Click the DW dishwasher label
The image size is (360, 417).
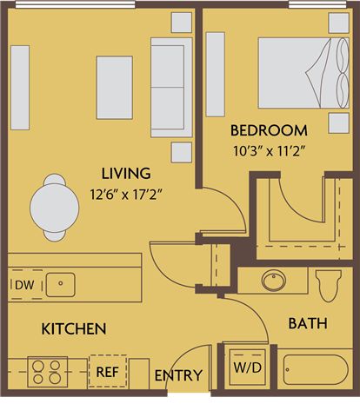[24, 285]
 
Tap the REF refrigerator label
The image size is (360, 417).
[107, 372]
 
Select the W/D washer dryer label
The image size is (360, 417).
[247, 367]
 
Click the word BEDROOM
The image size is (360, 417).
[269, 130]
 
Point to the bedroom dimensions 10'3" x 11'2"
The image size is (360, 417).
[270, 151]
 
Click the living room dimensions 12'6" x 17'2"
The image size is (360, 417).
[125, 195]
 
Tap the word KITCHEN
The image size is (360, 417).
[74, 328]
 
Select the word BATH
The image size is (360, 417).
[308, 323]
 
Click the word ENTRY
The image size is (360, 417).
[178, 375]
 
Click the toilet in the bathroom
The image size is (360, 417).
[329, 286]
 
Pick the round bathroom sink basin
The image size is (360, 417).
[274, 280]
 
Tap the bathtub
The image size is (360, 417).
[316, 370]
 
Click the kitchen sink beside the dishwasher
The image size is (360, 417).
[60, 285]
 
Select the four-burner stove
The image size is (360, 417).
[48, 373]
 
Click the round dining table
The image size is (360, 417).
[55, 208]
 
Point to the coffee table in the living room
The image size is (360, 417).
[115, 88]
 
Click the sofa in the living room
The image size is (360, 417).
[171, 88]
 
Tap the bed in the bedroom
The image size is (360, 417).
[303, 73]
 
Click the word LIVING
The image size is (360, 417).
[126, 174]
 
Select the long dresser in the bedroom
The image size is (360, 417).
[215, 75]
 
